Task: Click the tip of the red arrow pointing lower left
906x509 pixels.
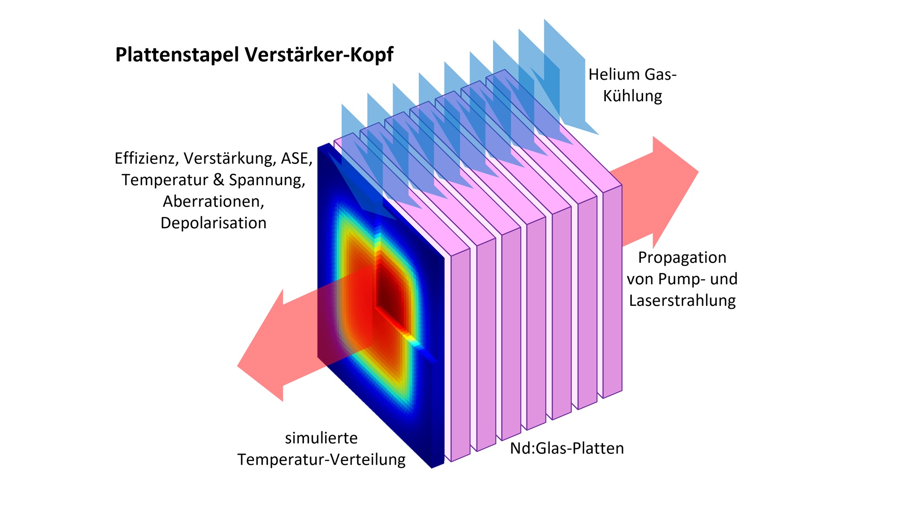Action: pyautogui.click(x=237, y=366)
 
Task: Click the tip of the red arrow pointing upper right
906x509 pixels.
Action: pyautogui.click(x=698, y=172)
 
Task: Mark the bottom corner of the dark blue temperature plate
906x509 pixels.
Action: pyautogui.click(x=432, y=468)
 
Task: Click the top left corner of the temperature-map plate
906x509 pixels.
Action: pyautogui.click(x=318, y=149)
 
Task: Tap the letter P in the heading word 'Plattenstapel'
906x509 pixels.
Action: pyautogui.click(x=121, y=55)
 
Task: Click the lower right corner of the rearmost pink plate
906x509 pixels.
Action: pyautogui.click(x=621, y=390)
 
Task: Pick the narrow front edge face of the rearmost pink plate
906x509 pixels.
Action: pyautogui.click(x=612, y=292)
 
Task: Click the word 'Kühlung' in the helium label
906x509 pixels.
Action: pyautogui.click(x=632, y=96)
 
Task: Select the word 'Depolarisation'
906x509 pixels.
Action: pyautogui.click(x=213, y=223)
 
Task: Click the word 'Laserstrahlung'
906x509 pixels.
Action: pyautogui.click(x=682, y=301)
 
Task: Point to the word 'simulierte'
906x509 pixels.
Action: pyautogui.click(x=321, y=438)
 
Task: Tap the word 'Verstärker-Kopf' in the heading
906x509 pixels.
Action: pyautogui.click(x=319, y=55)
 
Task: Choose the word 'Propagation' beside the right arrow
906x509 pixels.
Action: pyautogui.click(x=682, y=258)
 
